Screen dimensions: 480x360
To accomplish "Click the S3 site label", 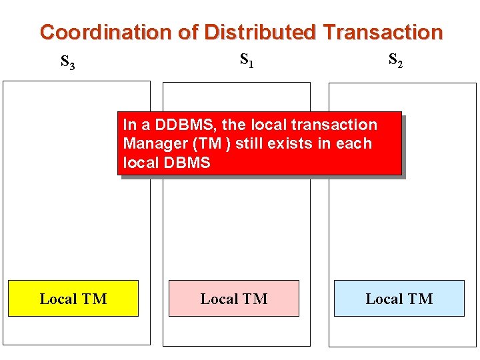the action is coord(67,62).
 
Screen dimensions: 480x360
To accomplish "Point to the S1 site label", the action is coord(246,61).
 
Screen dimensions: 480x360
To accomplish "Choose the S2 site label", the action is coord(395,61).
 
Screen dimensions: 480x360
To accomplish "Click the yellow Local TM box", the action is coord(73,299).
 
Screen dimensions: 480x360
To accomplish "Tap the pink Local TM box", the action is coord(234,299).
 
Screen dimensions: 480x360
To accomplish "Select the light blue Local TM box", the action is coord(399,299).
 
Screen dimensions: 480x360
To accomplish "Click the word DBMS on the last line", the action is coord(187,162).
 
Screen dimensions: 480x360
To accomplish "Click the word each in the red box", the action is coord(355,143).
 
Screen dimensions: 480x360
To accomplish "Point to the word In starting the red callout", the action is coord(129,125).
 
